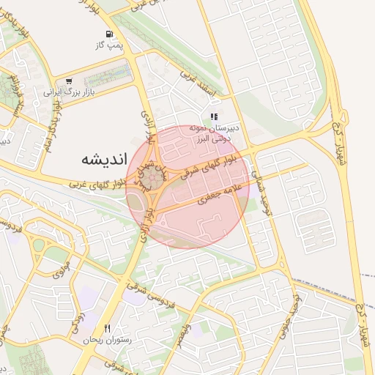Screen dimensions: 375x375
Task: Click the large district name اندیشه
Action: (x=103, y=158)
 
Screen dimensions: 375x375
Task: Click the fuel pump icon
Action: (x=109, y=34)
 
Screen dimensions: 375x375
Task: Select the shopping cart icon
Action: (x=69, y=81)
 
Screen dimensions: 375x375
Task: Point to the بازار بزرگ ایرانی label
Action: (x=60, y=93)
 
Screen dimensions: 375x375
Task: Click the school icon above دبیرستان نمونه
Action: (x=213, y=116)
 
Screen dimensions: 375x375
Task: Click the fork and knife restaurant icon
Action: (x=107, y=328)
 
